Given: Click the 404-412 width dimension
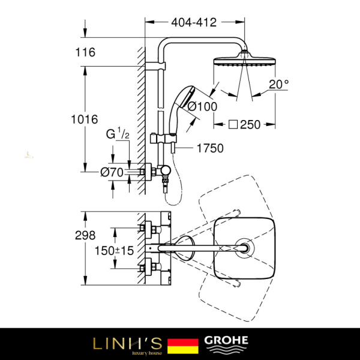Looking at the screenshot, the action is coord(194,23).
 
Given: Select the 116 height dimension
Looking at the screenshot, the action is coord(85,52).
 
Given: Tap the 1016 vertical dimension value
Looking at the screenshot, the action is coord(85,119).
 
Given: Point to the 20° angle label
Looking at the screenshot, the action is coord(279,84).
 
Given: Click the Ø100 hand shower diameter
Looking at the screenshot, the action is coord(202,107).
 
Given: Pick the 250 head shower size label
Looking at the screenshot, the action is coord(250,125).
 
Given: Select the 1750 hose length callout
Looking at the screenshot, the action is coord(210,148).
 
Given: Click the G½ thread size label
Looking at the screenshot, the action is coord(118,133).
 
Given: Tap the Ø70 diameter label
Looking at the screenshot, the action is coord(112,172).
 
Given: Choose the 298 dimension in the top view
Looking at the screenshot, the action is coord(85,235).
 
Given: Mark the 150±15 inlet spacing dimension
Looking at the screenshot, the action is coord(115,250).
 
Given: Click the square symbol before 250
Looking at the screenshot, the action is coord(233,125).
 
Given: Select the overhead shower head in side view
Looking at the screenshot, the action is coord(245,60).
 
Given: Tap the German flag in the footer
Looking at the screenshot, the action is coord(183,346).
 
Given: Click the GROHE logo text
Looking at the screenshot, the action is coord(226,340).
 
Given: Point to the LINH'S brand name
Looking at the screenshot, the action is coord(128,343).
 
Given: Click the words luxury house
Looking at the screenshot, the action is coord(146,353).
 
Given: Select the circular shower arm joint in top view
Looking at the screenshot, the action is coord(245,248).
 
